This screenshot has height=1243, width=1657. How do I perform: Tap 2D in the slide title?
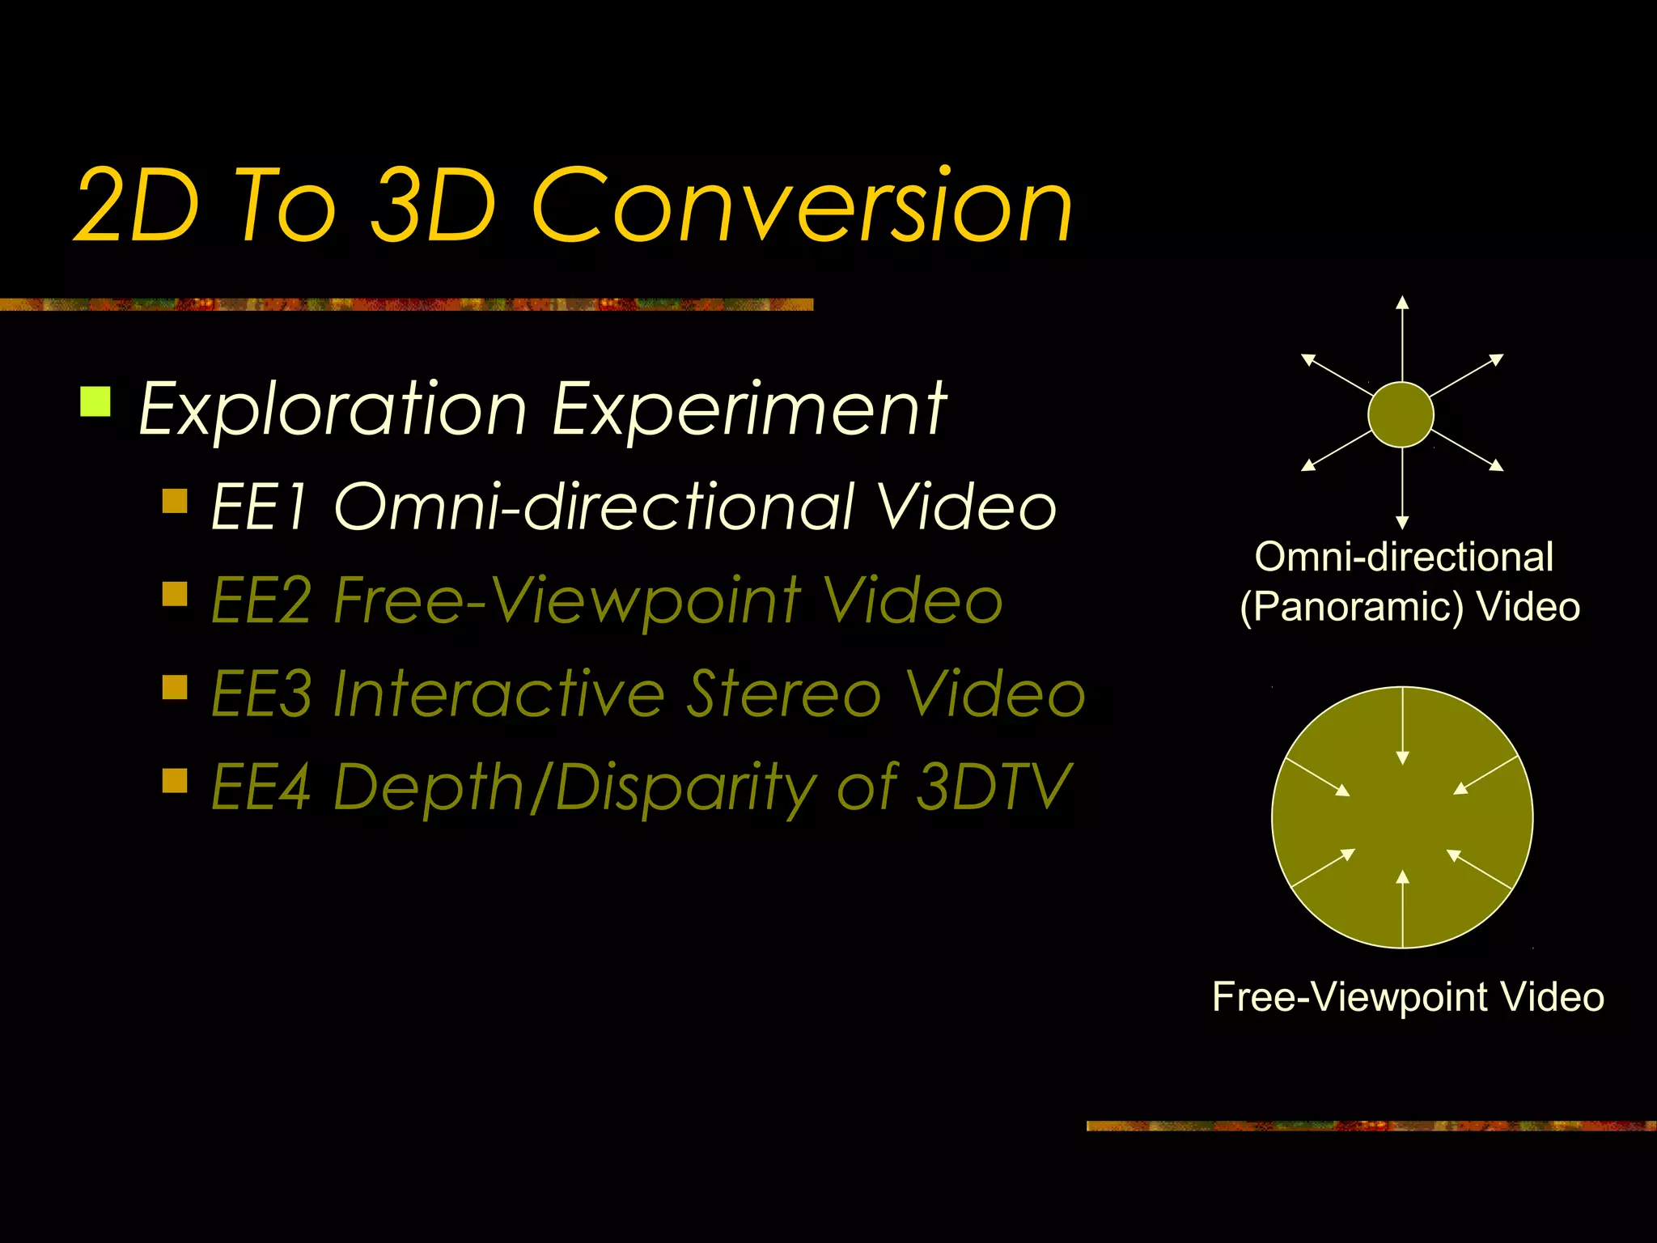pyautogui.click(x=136, y=206)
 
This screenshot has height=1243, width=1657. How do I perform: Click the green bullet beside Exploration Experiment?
pyautogui.click(x=95, y=401)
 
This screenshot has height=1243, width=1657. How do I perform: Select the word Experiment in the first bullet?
pyautogui.click(x=748, y=409)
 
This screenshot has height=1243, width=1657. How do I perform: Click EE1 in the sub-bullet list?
pyautogui.click(x=259, y=507)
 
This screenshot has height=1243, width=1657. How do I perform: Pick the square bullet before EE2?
pyautogui.click(x=175, y=595)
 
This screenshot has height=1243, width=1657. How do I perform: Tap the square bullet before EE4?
pyautogui.click(x=175, y=781)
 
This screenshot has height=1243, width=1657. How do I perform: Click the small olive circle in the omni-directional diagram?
pyautogui.click(x=1401, y=414)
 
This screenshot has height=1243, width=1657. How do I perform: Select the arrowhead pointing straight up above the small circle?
pyautogui.click(x=1402, y=303)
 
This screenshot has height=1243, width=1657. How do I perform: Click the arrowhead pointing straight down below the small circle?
pyautogui.click(x=1402, y=523)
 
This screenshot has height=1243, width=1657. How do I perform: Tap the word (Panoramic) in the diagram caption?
pyautogui.click(x=1352, y=607)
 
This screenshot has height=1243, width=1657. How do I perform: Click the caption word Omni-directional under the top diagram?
pyautogui.click(x=1404, y=557)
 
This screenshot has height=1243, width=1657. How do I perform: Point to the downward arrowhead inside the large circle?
pyautogui.click(x=1402, y=757)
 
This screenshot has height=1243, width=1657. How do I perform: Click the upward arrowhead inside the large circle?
pyautogui.click(x=1402, y=876)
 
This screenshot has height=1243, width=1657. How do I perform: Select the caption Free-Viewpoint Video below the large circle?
pyautogui.click(x=1408, y=996)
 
